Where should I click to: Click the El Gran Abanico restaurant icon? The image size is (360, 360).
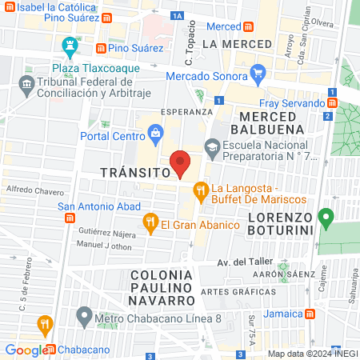[149, 222]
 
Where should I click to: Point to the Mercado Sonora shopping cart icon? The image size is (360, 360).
[258, 76]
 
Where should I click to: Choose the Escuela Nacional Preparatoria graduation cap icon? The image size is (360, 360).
[211, 146]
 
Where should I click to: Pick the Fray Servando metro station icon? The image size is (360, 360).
[331, 102]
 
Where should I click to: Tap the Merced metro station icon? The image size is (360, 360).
[249, 26]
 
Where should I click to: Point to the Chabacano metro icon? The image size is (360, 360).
[51, 350]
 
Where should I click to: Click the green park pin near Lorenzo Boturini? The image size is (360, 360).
[326, 217]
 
